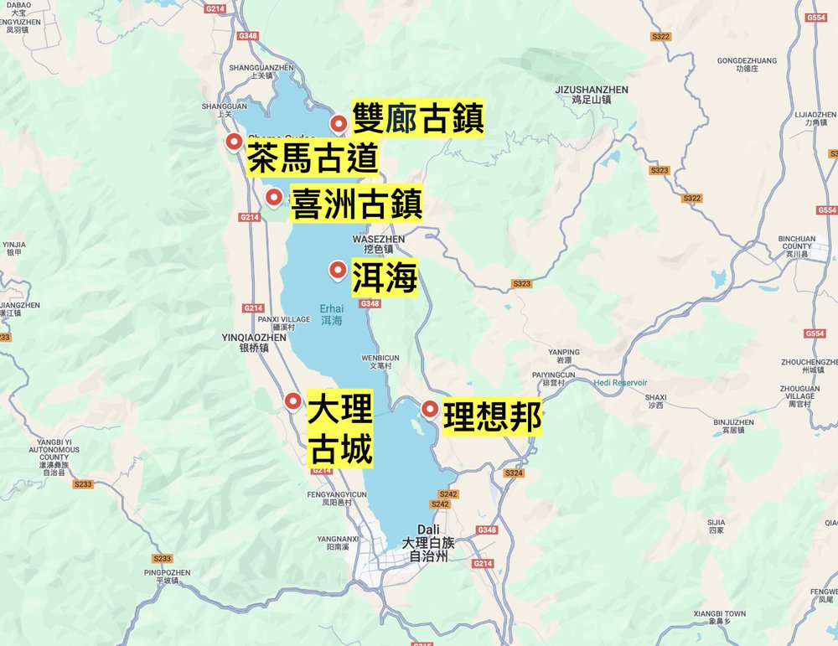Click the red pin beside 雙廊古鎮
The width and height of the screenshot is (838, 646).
pyautogui.click(x=339, y=123)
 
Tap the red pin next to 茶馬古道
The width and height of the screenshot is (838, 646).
pyautogui.click(x=234, y=142)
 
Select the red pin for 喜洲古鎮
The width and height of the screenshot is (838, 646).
pyautogui.click(x=273, y=197)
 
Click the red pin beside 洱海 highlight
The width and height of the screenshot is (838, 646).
pyautogui.click(x=338, y=269)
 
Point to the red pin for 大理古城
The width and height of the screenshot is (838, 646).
pyautogui.click(x=292, y=401)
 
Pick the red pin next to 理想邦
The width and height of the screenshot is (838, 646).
pyautogui.click(x=430, y=409)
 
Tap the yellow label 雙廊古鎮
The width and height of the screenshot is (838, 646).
pyautogui.click(x=417, y=118)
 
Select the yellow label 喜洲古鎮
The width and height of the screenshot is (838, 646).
pyautogui.click(x=356, y=204)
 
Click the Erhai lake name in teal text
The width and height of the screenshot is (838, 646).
pyautogui.click(x=332, y=313)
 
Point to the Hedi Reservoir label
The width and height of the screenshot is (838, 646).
pyautogui.click(x=621, y=382)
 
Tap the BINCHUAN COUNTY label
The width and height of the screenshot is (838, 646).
pyautogui.click(x=796, y=243)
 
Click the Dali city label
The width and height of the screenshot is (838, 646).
pyautogui.click(x=427, y=530)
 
